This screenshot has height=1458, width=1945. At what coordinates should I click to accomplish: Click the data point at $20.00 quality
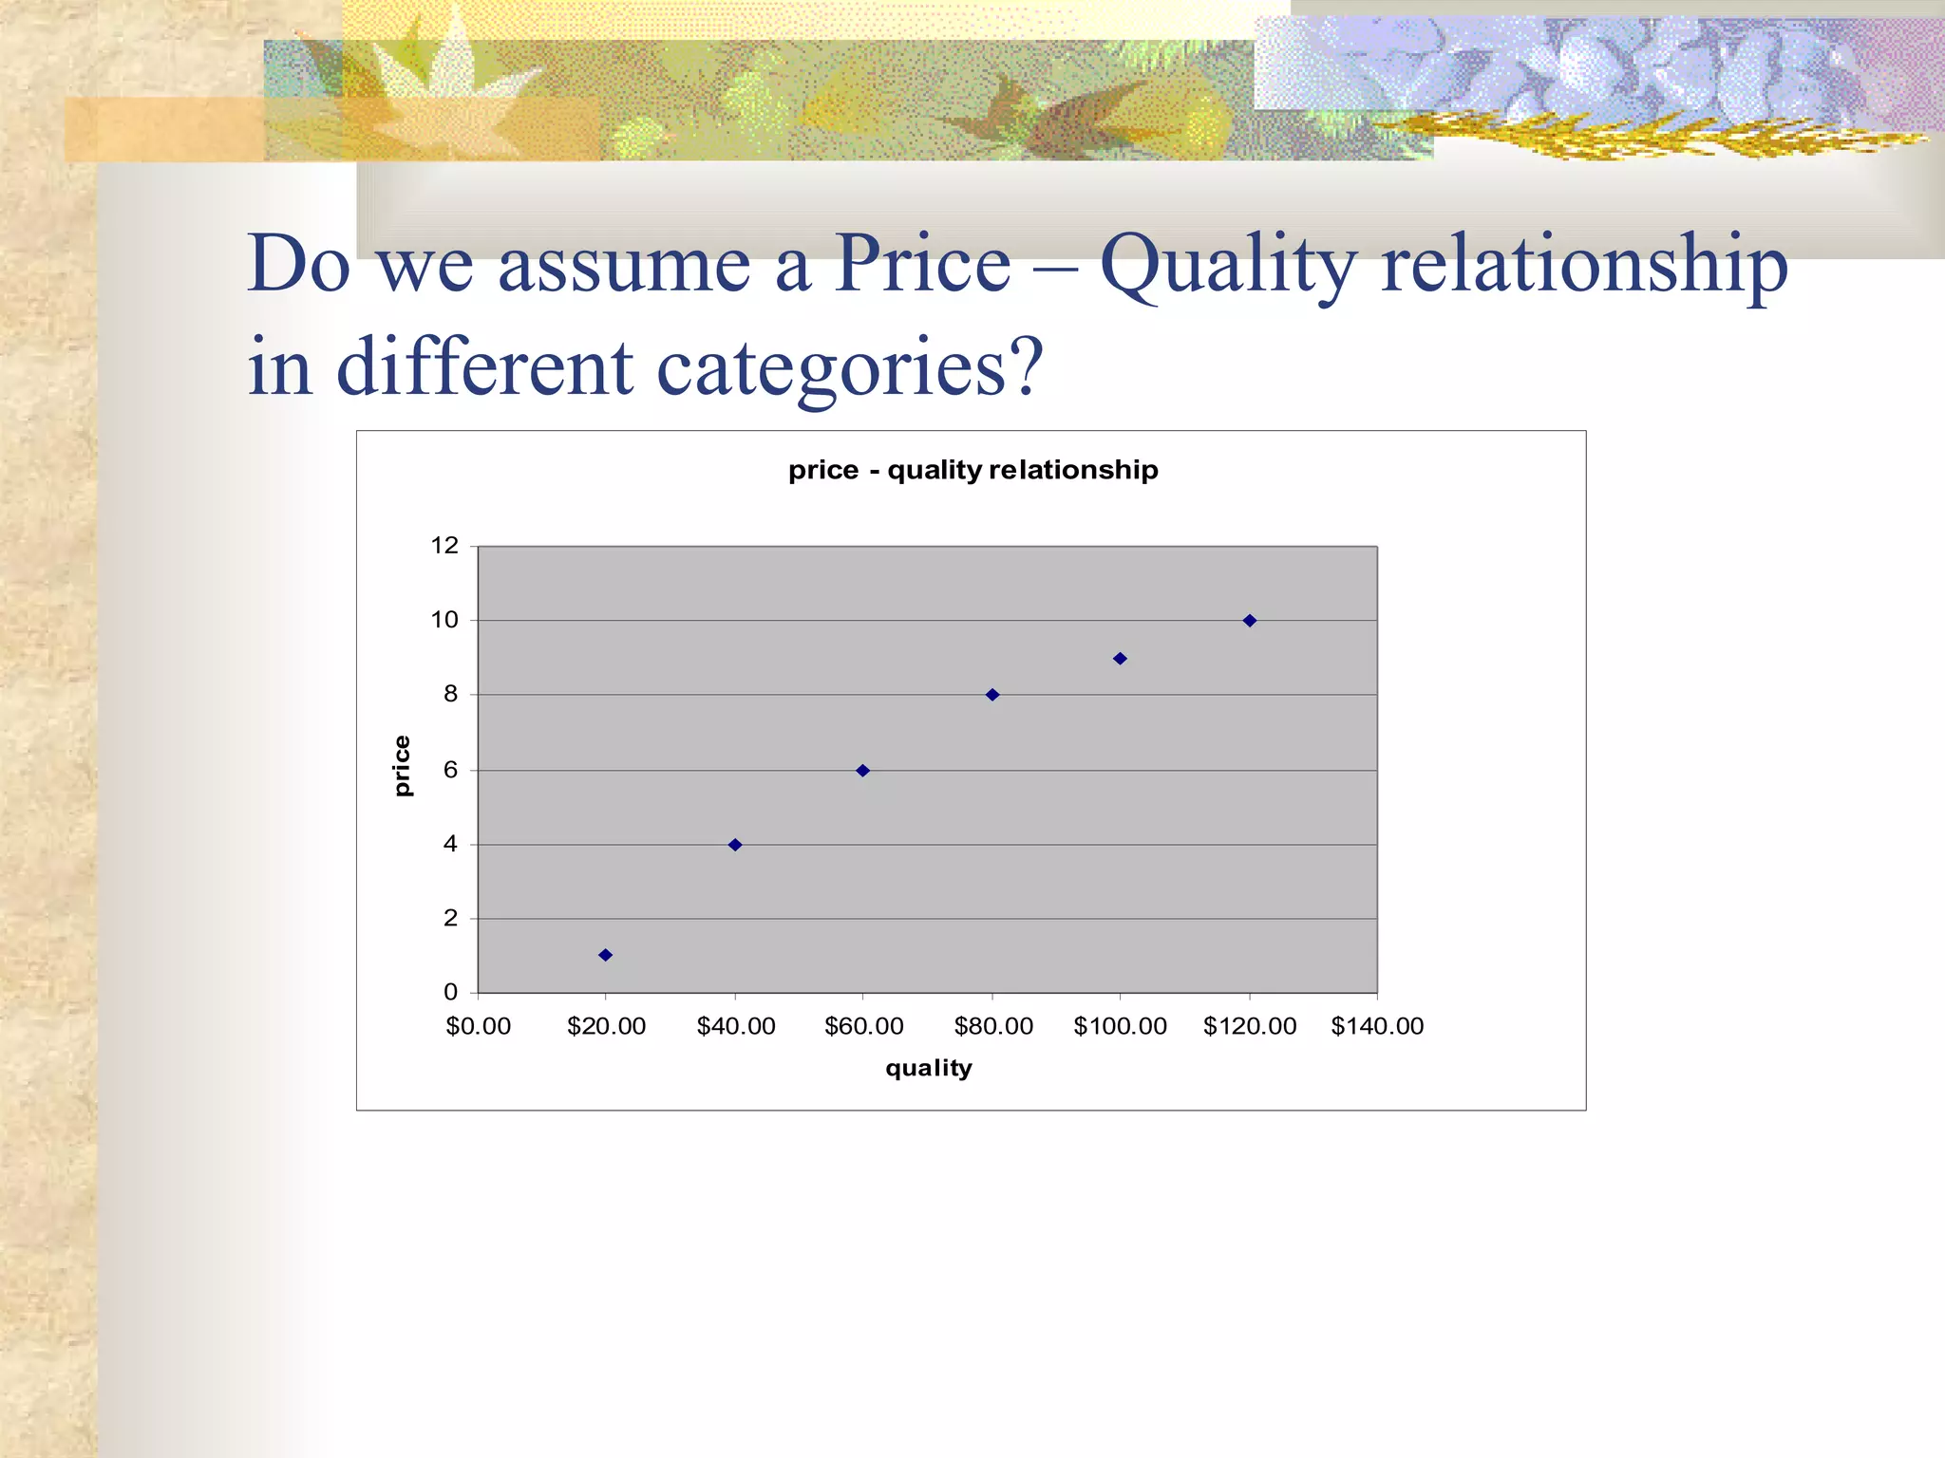tap(605, 955)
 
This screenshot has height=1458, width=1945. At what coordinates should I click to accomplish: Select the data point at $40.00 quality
tap(735, 845)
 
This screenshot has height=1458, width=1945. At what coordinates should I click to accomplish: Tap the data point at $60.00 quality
tap(862, 771)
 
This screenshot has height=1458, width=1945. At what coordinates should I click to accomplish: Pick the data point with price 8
tap(992, 695)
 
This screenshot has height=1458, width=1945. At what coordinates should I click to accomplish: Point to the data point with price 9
tap(1120, 659)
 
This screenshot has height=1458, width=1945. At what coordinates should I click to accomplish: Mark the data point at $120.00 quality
tap(1250, 621)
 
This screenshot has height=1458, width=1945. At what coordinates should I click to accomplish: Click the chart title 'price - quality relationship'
tap(972, 470)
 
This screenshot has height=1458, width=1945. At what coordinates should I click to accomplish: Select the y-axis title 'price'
tap(403, 766)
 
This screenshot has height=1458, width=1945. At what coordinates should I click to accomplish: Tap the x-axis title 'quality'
tap(928, 1068)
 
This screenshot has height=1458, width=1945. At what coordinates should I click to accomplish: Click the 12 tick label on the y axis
tap(444, 546)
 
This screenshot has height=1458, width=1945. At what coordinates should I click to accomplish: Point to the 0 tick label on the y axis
tap(451, 992)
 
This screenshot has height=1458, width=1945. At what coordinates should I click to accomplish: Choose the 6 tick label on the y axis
tap(451, 770)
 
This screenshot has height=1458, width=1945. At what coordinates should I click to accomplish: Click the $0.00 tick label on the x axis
tap(478, 1026)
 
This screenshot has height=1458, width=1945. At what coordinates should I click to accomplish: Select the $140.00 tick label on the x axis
tap(1377, 1026)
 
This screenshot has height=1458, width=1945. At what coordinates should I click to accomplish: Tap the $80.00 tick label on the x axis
tap(993, 1026)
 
